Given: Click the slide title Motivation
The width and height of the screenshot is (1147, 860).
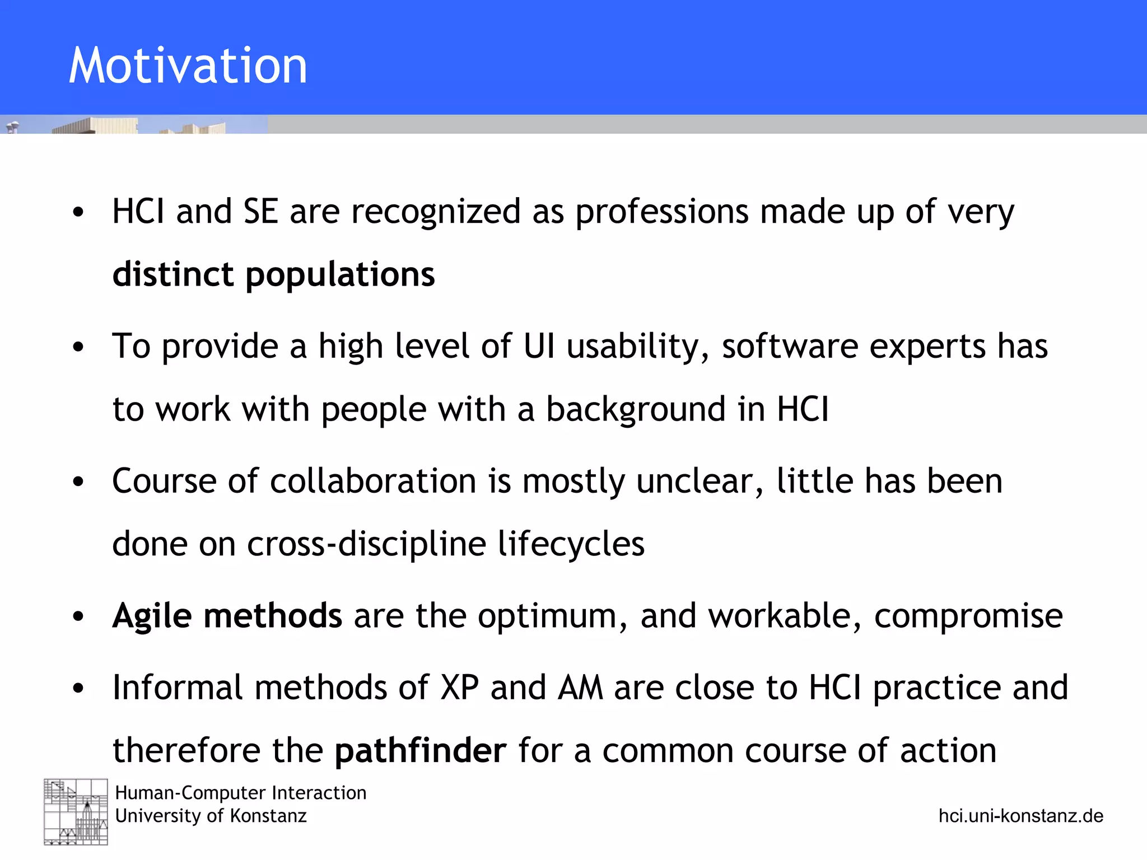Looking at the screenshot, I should coord(188,66).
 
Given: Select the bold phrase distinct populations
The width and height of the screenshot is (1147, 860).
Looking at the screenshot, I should coord(273,274).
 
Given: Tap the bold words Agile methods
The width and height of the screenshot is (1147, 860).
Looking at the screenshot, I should coord(227,616).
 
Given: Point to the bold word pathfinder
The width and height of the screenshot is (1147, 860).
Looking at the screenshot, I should coord(420,751).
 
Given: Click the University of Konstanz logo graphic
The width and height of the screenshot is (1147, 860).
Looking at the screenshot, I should coord(76,811).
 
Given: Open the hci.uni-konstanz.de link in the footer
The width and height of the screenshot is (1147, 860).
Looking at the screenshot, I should coord(1020,816).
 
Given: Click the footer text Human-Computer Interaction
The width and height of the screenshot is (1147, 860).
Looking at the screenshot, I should coord(241,793).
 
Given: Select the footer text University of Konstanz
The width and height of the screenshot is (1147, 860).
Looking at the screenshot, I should coord(211,816).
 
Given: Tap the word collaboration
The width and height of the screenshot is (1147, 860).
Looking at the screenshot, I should coord(372,482).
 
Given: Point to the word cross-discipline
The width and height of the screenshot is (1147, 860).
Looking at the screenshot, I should coord(366,544).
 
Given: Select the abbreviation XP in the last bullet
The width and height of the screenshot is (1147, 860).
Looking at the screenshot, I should coord(459,688).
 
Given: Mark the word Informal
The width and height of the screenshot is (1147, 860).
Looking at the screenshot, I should coord(178,688).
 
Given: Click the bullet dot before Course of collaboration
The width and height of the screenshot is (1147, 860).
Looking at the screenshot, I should coord(78,482).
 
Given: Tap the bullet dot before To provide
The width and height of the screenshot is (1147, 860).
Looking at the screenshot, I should coord(78,347).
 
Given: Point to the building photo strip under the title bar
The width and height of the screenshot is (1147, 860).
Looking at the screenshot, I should coord(134,124).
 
